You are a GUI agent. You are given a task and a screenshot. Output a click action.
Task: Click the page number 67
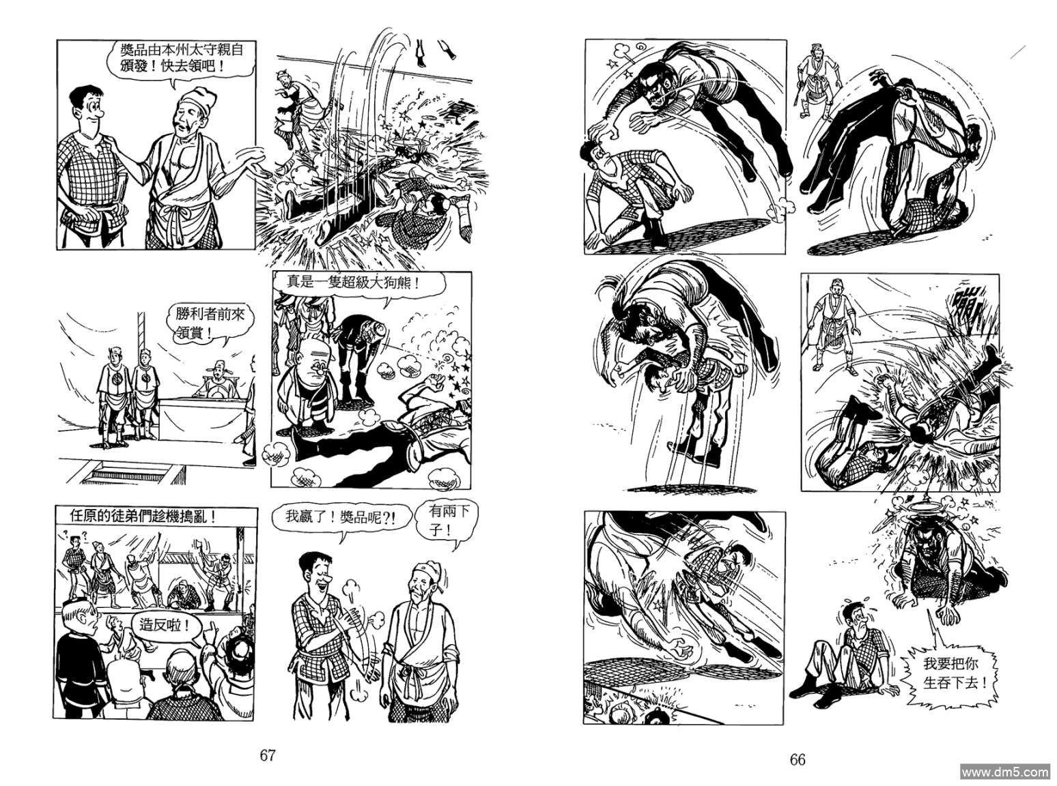pos(268,755)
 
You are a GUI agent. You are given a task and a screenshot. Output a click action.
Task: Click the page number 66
pos(798,759)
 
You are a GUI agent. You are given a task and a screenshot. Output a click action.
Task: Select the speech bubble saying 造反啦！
pos(165,625)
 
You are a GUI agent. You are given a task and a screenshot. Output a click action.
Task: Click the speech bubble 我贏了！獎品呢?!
pos(340,518)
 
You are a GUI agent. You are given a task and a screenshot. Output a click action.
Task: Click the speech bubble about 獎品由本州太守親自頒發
pos(182,59)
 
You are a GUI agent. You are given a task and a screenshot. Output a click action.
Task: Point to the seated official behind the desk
pos(220,382)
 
